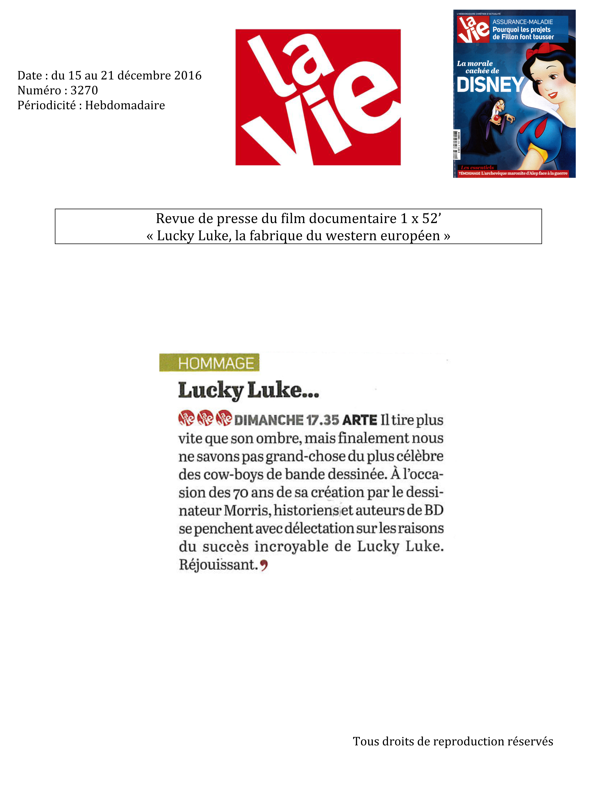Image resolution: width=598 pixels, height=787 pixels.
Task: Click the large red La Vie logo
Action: (318, 97)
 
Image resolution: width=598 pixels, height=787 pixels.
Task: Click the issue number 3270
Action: (84, 90)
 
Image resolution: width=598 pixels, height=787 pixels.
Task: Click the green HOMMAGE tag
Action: (210, 363)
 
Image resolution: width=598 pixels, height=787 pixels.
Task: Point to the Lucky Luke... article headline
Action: (248, 390)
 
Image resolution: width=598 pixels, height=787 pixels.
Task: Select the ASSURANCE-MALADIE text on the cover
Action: (522, 22)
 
